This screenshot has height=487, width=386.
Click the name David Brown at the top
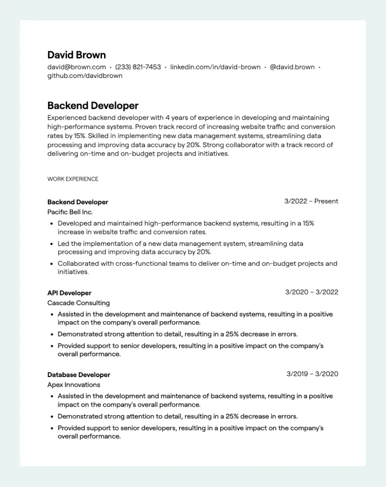tap(77, 55)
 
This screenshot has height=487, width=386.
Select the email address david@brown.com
tap(77, 67)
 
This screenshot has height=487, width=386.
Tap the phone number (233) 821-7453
tap(138, 67)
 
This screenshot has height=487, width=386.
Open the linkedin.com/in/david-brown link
tap(215, 67)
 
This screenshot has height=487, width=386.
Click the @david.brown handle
tap(292, 67)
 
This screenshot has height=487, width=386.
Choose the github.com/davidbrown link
tap(85, 76)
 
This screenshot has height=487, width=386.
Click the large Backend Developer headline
tap(93, 105)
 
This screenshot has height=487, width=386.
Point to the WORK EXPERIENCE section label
tap(73, 179)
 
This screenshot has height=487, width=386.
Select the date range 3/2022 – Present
tap(311, 201)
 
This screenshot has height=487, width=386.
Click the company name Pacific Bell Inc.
tap(70, 212)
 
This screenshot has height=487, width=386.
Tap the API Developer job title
tap(69, 293)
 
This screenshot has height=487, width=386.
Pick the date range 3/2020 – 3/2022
tap(312, 292)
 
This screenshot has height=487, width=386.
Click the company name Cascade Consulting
tap(78, 303)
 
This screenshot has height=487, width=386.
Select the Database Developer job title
tap(79, 375)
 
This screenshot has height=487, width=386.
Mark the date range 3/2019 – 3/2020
tap(312, 374)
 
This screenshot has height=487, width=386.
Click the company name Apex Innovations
tap(74, 385)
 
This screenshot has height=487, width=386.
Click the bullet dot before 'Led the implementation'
tap(51, 244)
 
